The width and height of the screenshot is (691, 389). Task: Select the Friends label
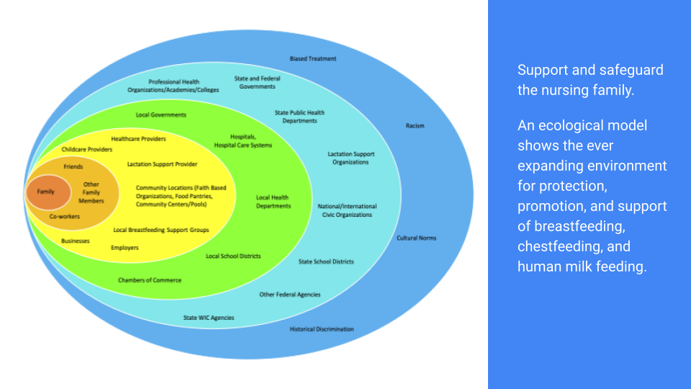pyautogui.click(x=73, y=166)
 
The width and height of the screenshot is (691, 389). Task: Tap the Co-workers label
pyautogui.click(x=65, y=216)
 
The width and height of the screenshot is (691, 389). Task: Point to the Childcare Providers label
pyautogui.click(x=87, y=149)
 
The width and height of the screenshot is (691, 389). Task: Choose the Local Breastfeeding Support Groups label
pyautogui.click(x=161, y=231)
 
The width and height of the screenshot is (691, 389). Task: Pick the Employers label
pyautogui.click(x=125, y=248)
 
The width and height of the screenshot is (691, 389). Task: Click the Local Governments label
pyautogui.click(x=161, y=115)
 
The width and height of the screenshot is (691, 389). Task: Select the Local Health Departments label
pyautogui.click(x=274, y=202)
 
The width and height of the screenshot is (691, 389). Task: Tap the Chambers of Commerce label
pyautogui.click(x=150, y=280)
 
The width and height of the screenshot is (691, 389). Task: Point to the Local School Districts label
pyautogui.click(x=233, y=256)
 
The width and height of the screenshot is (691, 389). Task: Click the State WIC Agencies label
pyautogui.click(x=208, y=318)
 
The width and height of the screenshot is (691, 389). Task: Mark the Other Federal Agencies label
pyautogui.click(x=290, y=295)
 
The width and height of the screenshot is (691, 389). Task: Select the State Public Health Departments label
pyautogui.click(x=299, y=117)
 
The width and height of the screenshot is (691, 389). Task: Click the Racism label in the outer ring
pyautogui.click(x=415, y=125)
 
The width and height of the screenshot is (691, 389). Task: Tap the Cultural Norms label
pyautogui.click(x=417, y=238)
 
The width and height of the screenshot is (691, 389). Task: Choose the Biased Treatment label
pyautogui.click(x=312, y=58)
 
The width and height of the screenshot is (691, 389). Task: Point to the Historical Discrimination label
pyautogui.click(x=322, y=329)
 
